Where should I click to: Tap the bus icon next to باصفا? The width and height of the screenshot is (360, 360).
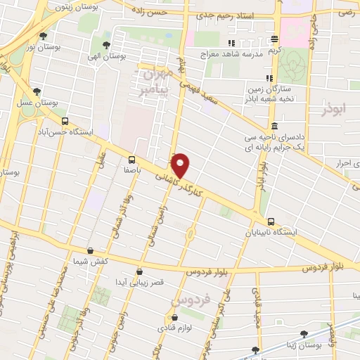tap(132, 159)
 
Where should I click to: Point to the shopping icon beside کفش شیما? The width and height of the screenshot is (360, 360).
tap(90, 251)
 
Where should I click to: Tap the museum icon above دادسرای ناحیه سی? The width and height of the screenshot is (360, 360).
tap(273, 127)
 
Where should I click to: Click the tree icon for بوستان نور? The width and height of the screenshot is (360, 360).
tap(44, 36)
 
